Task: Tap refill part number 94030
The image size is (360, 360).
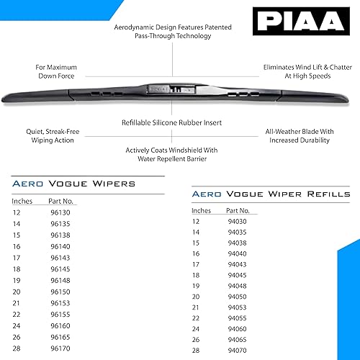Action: point(237,221)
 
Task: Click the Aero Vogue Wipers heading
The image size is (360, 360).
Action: point(74,184)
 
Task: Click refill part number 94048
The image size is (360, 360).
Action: point(237,286)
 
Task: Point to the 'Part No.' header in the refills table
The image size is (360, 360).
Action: point(238,210)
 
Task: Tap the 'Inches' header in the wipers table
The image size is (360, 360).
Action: point(22,202)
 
